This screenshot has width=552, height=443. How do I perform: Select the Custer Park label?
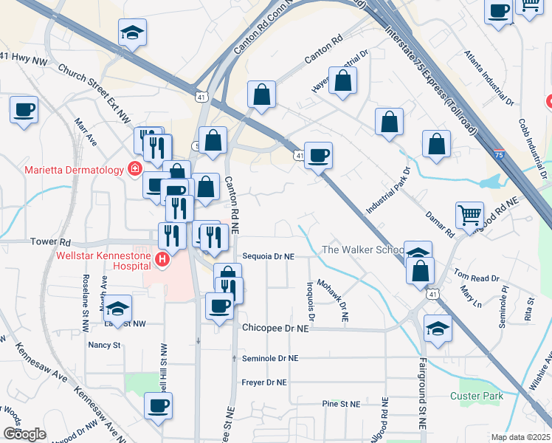[x=477, y=396]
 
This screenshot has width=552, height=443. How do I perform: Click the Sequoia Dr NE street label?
[x=269, y=256]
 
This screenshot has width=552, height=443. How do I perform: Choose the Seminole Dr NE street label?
[x=270, y=358]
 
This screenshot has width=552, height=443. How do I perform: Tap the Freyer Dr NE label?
[x=265, y=382]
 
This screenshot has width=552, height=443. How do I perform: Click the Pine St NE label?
[x=341, y=404]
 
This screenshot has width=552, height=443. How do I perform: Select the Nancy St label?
[x=104, y=345]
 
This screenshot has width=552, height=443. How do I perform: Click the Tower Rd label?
[x=50, y=242]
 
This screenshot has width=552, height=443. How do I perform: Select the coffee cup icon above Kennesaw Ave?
[x=158, y=405]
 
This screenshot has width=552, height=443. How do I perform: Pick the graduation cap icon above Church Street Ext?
[x=131, y=32]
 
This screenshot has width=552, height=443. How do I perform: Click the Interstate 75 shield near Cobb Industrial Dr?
[x=500, y=154]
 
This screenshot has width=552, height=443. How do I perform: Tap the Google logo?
[x=24, y=433]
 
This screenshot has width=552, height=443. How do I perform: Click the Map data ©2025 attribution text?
[x=521, y=437]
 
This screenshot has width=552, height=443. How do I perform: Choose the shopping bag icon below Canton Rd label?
[x=342, y=82]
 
